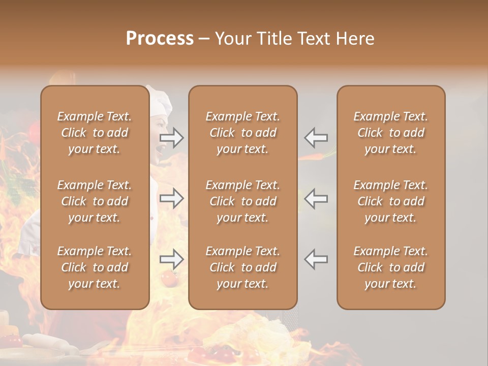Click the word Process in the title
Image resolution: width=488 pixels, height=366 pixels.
(x=160, y=39)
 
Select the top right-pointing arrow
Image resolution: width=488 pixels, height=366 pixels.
(x=172, y=137)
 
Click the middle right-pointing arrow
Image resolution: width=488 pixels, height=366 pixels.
(x=172, y=198)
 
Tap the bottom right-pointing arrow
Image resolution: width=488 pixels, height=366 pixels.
(x=172, y=259)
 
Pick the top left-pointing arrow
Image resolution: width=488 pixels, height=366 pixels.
(x=316, y=137)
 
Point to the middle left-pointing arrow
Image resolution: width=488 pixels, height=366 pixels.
(x=316, y=198)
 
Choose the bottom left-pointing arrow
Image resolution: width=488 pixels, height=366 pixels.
(x=316, y=259)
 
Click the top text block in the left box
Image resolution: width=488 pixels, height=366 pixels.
(x=95, y=133)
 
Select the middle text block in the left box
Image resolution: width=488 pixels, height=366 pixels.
(x=95, y=201)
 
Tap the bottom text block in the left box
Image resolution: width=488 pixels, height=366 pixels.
(x=95, y=267)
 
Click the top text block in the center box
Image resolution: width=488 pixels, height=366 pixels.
(x=243, y=133)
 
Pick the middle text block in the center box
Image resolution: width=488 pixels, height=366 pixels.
(x=243, y=201)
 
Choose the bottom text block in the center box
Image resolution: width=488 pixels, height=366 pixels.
(x=243, y=267)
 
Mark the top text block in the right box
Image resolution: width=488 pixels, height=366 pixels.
(x=391, y=133)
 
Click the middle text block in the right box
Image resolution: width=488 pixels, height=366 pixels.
(x=391, y=201)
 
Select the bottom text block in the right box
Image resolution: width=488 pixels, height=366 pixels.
(x=391, y=267)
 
